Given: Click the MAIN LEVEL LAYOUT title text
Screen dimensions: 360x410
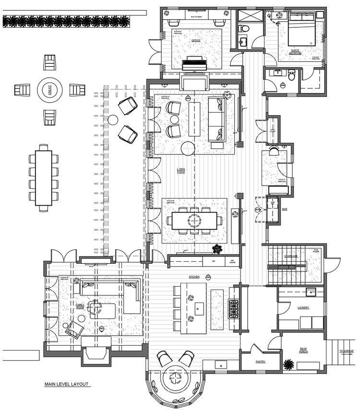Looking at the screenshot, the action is point(67,384).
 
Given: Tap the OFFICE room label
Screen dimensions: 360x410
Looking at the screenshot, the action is point(195,41).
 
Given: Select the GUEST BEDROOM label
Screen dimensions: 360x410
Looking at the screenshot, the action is point(296,51).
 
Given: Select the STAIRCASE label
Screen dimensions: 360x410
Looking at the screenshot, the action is point(291,256).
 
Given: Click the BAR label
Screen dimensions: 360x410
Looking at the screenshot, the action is point(285,210).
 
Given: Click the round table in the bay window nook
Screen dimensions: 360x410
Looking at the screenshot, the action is point(174,377).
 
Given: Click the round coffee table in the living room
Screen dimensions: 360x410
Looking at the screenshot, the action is point(188,148).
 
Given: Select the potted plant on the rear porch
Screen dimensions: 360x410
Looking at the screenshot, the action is point(288,364).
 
